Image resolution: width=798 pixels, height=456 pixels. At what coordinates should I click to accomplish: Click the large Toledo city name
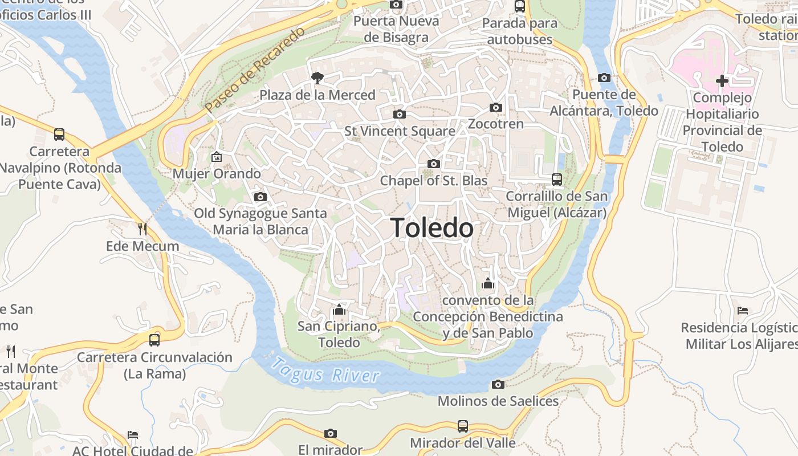point(432,228)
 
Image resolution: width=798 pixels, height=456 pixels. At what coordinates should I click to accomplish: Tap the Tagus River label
point(325,370)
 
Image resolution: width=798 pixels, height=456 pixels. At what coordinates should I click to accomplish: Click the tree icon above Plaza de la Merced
point(317,78)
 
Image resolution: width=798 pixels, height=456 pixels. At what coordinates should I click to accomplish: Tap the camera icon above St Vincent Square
point(400,114)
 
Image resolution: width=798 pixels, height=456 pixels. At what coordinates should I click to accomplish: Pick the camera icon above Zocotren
point(496,107)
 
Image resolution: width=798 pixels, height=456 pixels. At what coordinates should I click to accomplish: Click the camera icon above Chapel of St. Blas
point(434,164)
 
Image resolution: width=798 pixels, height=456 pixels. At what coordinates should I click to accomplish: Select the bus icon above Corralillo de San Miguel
point(557,180)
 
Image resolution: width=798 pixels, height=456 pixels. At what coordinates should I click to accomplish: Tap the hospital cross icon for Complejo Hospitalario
point(722,81)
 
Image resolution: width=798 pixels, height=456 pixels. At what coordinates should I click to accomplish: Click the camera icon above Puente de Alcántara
point(604,78)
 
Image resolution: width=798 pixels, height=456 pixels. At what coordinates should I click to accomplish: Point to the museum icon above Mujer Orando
point(217,157)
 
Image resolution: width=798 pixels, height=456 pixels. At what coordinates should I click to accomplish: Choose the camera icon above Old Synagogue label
point(260,197)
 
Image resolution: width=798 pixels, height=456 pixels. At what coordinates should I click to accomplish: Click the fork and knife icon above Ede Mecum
point(142,229)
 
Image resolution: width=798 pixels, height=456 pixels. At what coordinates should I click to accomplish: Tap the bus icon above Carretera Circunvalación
point(154,340)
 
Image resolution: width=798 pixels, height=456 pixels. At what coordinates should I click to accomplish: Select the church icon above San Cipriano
point(340,310)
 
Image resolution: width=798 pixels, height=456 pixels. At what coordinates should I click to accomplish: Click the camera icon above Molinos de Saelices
point(498,384)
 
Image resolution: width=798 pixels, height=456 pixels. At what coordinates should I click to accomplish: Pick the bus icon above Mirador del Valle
point(463,426)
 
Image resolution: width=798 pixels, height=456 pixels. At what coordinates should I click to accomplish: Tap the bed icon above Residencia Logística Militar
point(742,311)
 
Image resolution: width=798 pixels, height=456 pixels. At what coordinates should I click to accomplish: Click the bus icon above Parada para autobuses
point(520,6)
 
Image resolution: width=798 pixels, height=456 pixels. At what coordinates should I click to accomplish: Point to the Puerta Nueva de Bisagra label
point(396,29)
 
